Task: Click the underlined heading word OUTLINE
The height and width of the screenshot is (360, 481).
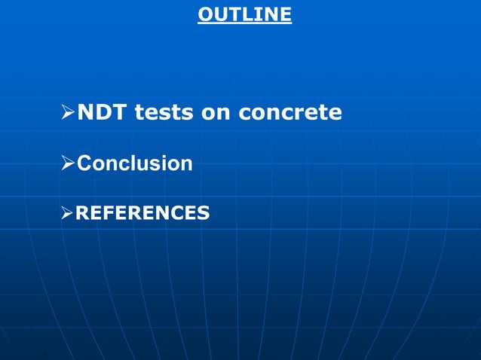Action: click(x=244, y=14)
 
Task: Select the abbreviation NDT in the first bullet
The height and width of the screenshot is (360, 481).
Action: click(x=100, y=113)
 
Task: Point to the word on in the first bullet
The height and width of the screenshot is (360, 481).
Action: click(x=216, y=113)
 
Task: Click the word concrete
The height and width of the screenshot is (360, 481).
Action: click(x=290, y=113)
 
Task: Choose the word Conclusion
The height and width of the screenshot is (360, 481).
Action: click(x=135, y=163)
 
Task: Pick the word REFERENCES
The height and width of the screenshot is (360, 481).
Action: click(x=142, y=213)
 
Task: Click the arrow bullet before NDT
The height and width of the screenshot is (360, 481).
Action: click(x=68, y=113)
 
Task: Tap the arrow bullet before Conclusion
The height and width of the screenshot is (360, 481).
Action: click(x=68, y=163)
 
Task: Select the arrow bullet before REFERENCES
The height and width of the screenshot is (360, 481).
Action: click(x=68, y=213)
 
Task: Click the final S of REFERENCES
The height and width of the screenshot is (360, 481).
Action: click(x=203, y=213)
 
